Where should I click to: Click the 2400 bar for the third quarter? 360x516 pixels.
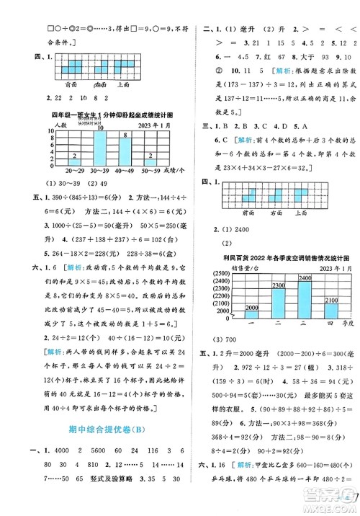(285, 297)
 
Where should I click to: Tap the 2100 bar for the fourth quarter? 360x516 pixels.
(313, 308)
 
